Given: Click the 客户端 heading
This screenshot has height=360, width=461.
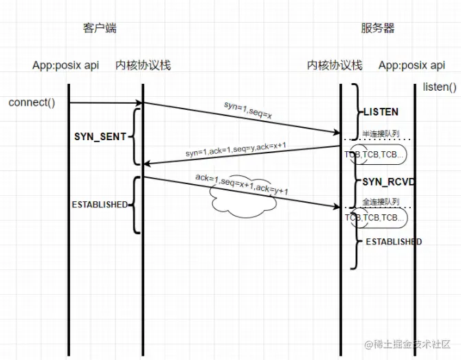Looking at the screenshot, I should (100, 28).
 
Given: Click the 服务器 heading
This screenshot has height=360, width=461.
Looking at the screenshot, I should (377, 28).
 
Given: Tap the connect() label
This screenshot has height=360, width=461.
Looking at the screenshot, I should (32, 102).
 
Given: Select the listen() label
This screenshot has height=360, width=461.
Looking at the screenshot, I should (440, 87).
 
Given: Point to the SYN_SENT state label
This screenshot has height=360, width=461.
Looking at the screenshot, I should (100, 137).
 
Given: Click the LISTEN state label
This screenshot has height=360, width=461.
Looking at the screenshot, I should (380, 111).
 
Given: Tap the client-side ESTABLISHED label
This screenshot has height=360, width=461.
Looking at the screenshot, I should (100, 204).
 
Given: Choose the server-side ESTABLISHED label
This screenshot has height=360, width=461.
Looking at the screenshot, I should (393, 242).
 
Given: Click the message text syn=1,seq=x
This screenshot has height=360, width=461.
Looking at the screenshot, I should (248, 110).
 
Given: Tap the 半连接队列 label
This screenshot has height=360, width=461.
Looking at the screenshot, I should (381, 133).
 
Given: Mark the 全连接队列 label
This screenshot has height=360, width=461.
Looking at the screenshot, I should (381, 201).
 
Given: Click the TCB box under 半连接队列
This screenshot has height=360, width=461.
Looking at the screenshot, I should (376, 155).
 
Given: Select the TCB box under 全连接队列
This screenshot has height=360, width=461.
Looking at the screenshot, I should (376, 218).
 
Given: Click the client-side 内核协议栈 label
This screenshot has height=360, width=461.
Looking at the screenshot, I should (143, 65).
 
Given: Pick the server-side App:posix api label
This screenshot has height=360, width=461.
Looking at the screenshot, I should (412, 65).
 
